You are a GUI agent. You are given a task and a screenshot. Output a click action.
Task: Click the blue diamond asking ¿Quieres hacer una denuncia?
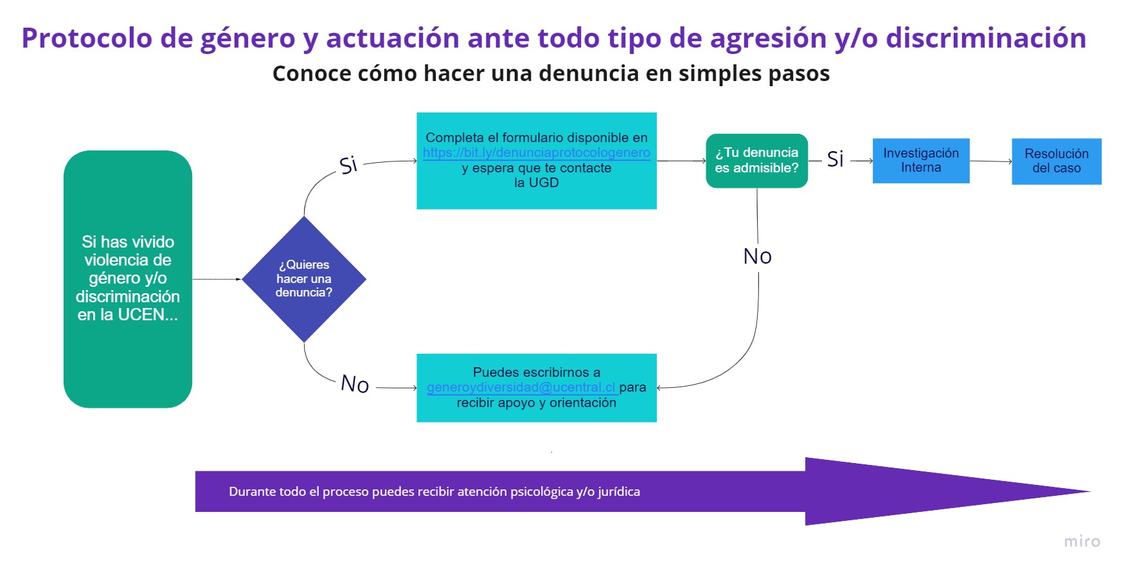pyautogui.click(x=304, y=279)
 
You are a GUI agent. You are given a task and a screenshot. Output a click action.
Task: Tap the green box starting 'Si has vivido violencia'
pyautogui.click(x=128, y=279)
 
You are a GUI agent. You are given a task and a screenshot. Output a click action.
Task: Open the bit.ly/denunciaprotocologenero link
pyautogui.click(x=537, y=153)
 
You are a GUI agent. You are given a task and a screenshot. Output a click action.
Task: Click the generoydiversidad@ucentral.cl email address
pyautogui.click(x=521, y=387)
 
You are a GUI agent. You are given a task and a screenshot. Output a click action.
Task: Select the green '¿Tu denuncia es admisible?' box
pyautogui.click(x=757, y=161)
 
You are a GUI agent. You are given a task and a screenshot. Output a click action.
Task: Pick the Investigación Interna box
pyautogui.click(x=921, y=161)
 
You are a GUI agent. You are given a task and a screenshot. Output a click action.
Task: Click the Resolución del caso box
pyautogui.click(x=1057, y=161)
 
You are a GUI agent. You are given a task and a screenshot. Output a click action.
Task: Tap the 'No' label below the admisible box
pyautogui.click(x=758, y=257)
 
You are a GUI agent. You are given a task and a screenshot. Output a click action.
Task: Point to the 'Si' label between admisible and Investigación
pyautogui.click(x=836, y=159)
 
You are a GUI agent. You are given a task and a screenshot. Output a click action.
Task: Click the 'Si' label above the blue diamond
pyautogui.click(x=348, y=165)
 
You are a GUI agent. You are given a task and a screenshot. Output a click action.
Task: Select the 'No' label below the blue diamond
pyautogui.click(x=355, y=384)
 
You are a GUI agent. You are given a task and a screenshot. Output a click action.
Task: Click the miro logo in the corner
pyautogui.click(x=1082, y=541)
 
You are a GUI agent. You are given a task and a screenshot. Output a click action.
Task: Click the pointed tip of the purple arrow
pyautogui.click(x=1091, y=491)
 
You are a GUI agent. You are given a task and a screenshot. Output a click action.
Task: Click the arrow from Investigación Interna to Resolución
pyautogui.click(x=991, y=161)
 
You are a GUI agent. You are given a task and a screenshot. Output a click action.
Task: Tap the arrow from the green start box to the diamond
pyautogui.click(x=217, y=279)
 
